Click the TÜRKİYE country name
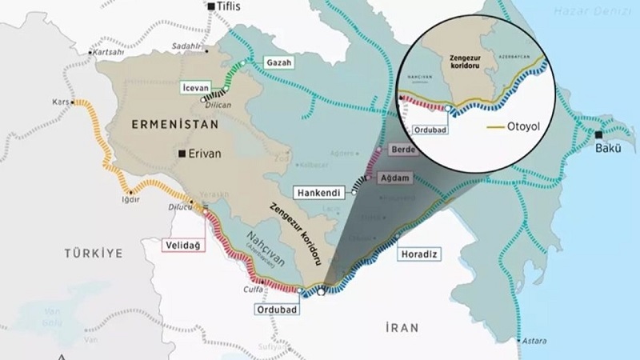pos(94,253)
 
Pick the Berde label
pos(398,150)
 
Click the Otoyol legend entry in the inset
pos(512,127)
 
